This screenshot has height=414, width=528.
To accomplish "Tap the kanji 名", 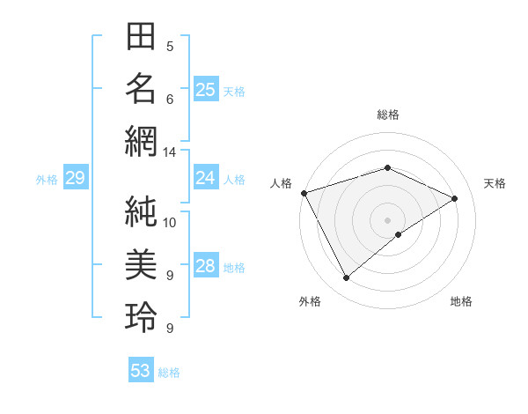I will pos(142,89).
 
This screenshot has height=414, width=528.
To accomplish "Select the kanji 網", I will pos(142,141).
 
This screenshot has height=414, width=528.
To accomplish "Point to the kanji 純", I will pos(142,212).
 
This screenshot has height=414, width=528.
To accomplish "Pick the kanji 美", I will pos(142,264).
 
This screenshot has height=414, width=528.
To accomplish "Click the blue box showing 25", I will pos(206,89).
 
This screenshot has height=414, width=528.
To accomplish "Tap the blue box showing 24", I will pos(206,178).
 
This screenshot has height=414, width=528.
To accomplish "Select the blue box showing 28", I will pos(206,266).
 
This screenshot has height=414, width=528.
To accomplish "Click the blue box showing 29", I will pos(75,179).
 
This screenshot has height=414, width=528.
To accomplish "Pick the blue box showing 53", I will pos(141,371).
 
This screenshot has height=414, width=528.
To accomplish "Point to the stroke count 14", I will pos(169,152).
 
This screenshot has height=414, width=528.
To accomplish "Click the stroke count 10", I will pos(170,223).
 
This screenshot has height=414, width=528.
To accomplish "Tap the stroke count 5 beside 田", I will pos(170,47).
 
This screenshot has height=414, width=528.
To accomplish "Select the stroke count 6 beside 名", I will pos(170,100).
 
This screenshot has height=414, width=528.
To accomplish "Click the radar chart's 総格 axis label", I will pos(388,115).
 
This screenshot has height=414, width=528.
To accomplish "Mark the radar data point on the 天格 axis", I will pos(455,198).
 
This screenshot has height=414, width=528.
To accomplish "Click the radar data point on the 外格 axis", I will pos(346,278).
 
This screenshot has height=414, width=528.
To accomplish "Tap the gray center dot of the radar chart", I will pos(388,219).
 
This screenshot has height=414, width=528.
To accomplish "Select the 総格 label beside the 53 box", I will pos(169,373).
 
